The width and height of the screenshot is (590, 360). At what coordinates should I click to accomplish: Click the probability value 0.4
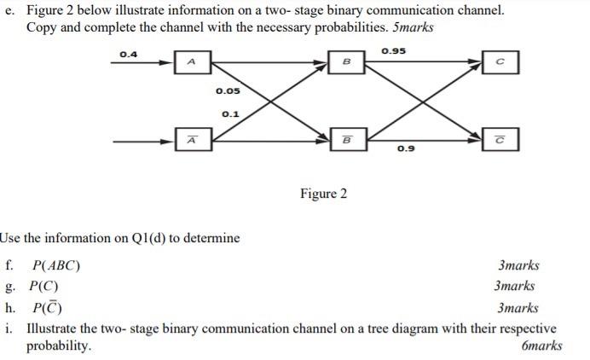point(129,55)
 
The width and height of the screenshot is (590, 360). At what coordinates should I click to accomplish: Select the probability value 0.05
point(227,91)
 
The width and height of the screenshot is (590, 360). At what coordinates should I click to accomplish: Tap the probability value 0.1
point(229,113)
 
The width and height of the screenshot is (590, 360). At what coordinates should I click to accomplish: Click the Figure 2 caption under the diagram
point(323,194)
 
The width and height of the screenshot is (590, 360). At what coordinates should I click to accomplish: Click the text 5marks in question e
point(408,27)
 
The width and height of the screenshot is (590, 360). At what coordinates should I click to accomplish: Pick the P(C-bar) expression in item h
point(46,307)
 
